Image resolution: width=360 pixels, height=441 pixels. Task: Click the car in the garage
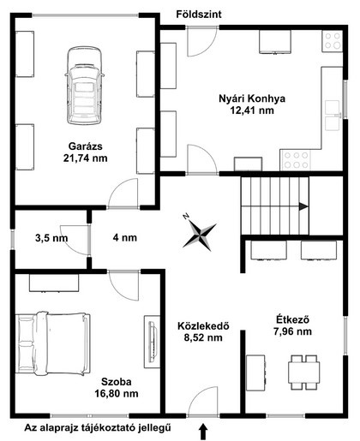click(84, 86)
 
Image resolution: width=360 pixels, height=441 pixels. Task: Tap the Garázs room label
click(85, 146)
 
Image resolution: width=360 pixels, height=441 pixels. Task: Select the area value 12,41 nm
click(252, 110)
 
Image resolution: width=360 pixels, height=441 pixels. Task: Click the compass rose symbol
click(199, 233)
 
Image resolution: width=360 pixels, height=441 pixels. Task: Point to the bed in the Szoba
click(53, 343)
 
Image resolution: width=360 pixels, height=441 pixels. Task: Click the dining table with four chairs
click(304, 372)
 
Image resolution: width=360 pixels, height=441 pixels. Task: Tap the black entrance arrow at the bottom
click(203, 431)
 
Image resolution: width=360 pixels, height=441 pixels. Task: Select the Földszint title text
click(199, 15)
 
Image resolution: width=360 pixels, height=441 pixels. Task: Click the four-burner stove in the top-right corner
click(333, 41)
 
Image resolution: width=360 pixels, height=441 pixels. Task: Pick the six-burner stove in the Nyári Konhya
click(296, 160)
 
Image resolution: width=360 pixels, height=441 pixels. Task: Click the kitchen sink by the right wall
click(333, 115)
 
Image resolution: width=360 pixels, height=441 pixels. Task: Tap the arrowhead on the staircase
click(303, 206)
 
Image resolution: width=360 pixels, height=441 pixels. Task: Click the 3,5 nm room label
click(51, 238)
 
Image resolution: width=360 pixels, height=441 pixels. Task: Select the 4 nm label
click(125, 237)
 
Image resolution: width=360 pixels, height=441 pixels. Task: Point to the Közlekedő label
click(203, 326)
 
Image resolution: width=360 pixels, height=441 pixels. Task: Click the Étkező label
click(292, 319)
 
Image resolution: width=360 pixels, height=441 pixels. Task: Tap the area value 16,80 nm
click(117, 394)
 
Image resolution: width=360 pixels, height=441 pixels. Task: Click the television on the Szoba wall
click(153, 342)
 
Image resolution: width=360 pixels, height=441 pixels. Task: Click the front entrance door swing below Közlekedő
click(203, 401)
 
